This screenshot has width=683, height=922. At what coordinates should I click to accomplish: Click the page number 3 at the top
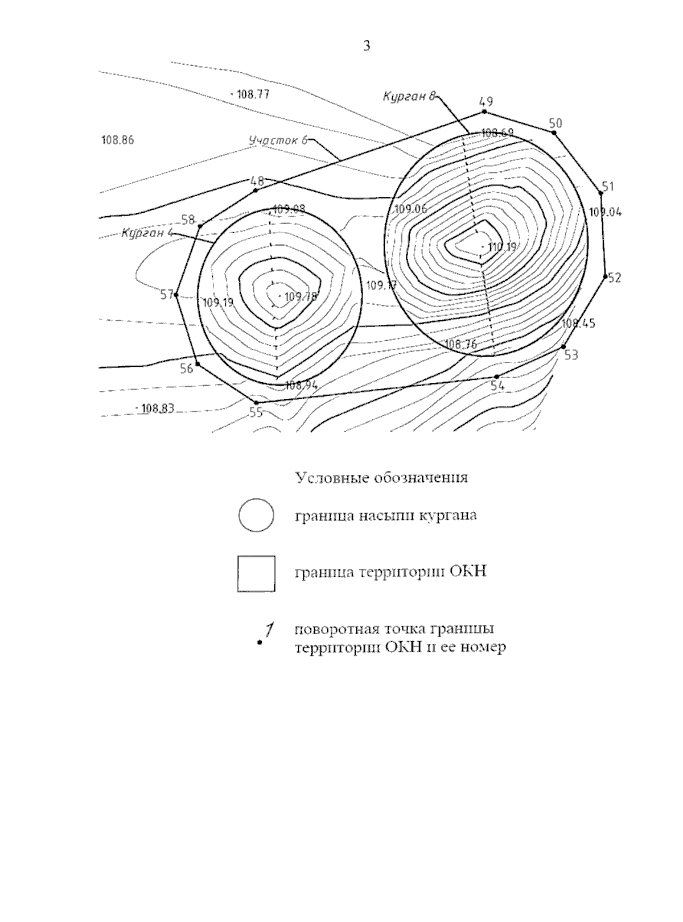pos(367,46)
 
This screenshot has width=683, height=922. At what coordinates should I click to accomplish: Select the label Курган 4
pos(147,233)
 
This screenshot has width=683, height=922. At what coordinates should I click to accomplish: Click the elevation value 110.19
pos(502,247)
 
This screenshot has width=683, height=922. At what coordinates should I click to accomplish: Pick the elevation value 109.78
pos(301,296)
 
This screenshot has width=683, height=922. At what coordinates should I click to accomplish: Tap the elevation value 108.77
pos(253,94)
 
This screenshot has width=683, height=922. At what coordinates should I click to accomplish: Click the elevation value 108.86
pos(117,140)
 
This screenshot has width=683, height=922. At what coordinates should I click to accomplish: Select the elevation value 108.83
pos(158,408)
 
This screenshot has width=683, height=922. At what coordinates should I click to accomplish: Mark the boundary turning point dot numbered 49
pos(484,111)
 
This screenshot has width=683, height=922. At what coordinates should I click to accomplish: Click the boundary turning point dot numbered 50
pos(554,133)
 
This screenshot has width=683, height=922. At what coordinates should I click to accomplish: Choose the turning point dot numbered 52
pos(605,277)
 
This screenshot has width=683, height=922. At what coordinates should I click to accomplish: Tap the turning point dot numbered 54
pos(497,377)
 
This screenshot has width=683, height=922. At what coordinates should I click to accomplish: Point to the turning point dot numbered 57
pos(176,295)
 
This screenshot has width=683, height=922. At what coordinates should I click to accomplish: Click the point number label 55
pos(256,413)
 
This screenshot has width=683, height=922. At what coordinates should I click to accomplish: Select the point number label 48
pos(257,181)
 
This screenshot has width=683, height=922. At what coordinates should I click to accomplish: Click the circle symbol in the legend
pos(256,516)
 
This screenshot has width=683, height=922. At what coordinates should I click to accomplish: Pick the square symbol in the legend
pos(256,574)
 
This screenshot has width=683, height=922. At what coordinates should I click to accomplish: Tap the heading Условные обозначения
pos(381,477)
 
